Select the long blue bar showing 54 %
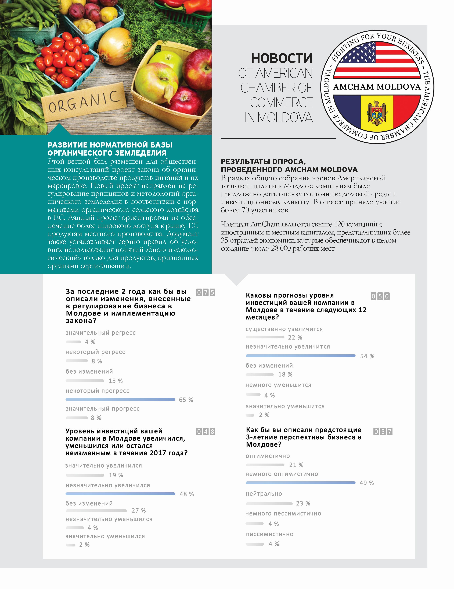(x=301, y=356)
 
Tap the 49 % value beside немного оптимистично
(x=366, y=483)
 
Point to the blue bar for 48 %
(x=120, y=494)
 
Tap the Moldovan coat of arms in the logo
(x=377, y=113)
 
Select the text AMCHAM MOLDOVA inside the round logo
(x=377, y=87)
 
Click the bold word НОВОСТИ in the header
(x=282, y=58)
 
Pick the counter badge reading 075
(x=206, y=292)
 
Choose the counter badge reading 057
(x=383, y=432)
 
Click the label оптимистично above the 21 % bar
(x=268, y=456)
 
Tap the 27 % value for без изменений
(x=138, y=511)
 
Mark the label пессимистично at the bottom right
(x=269, y=534)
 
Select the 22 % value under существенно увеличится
(x=295, y=337)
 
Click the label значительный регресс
(x=100, y=333)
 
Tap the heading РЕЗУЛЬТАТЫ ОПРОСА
(x=263, y=162)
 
